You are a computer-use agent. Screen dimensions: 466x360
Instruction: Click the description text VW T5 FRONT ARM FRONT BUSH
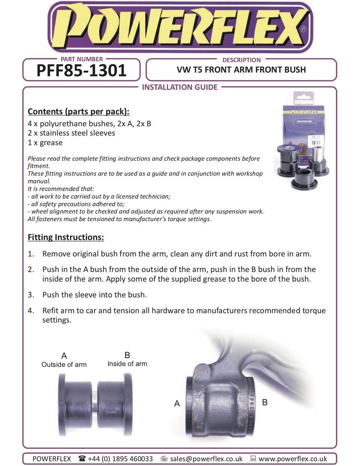[x=241, y=70]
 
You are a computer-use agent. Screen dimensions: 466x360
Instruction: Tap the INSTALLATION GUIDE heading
[x=180, y=87]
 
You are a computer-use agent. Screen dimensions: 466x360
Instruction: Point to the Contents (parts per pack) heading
[x=78, y=111]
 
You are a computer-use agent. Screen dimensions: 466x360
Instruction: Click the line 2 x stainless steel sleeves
[x=71, y=133]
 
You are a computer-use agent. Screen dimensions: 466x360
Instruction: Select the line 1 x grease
[x=45, y=142]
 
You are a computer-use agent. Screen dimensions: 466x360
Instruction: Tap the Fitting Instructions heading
[x=66, y=238]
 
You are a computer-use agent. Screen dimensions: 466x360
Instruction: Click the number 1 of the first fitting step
[x=30, y=254]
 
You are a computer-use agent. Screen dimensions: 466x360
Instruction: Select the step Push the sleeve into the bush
[x=94, y=294]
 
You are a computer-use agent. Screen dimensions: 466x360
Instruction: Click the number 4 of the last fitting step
[x=30, y=311]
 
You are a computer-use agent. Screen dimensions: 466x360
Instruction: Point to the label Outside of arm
[x=64, y=365]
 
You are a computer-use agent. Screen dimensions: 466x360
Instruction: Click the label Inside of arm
[x=127, y=364]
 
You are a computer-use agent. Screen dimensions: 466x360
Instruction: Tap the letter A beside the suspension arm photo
[x=177, y=403]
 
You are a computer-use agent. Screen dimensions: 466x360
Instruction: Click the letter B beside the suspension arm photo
[x=264, y=402]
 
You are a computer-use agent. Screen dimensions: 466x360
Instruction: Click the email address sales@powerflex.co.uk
[x=206, y=459]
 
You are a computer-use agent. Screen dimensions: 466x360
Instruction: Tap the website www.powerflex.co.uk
[x=293, y=459]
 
